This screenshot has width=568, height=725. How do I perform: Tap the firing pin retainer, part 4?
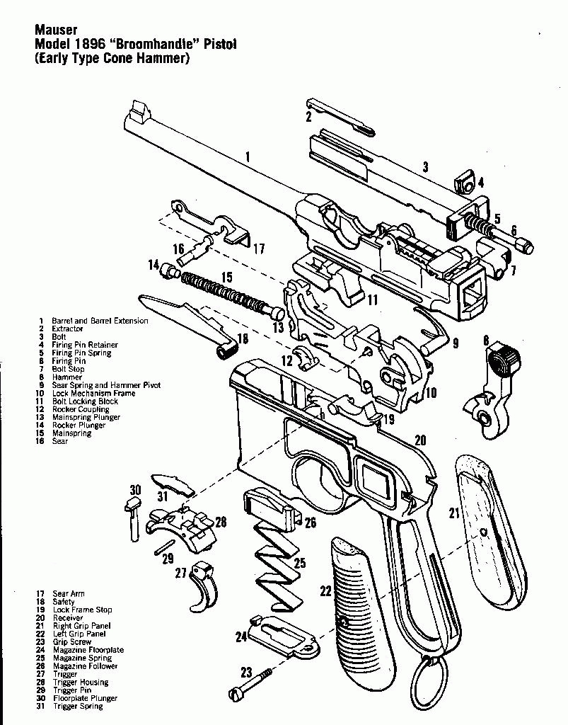click(x=465, y=182)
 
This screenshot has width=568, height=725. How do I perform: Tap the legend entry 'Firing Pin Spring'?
click(x=81, y=353)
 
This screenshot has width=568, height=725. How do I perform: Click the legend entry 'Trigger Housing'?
click(x=80, y=683)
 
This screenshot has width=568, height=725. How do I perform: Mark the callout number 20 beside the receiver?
click(x=420, y=440)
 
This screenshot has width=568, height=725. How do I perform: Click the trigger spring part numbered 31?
click(x=174, y=485)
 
